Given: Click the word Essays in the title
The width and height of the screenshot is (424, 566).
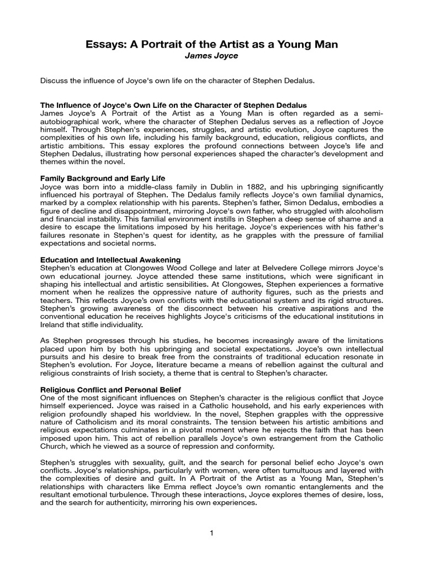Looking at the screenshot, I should [x=104, y=45].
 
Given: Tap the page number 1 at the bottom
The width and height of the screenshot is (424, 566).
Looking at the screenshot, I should [x=211, y=533].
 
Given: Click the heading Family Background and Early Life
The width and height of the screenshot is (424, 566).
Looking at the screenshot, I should [x=103, y=179].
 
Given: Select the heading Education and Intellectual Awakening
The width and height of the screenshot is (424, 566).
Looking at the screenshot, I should [x=110, y=260].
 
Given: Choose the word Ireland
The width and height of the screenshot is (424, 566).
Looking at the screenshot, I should [x=53, y=324].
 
